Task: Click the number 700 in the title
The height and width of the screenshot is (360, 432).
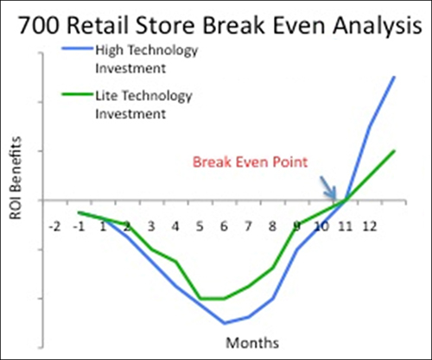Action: tap(40, 25)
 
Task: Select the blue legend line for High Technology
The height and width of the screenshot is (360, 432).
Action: tap(78, 48)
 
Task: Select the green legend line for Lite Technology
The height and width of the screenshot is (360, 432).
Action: tap(78, 94)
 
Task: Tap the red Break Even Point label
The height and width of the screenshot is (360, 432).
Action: tap(250, 161)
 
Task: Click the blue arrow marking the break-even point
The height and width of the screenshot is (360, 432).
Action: tap(328, 187)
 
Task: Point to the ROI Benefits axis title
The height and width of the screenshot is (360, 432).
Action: tap(16, 178)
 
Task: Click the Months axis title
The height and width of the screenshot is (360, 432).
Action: tap(252, 343)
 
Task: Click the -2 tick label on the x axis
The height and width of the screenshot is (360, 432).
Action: tap(54, 227)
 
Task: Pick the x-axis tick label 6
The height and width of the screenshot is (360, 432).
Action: tap(224, 227)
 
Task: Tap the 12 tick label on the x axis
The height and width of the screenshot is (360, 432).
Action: tap(370, 227)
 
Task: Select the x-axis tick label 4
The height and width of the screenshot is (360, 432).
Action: tap(175, 227)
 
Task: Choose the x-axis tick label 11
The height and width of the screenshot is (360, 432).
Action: tap(345, 227)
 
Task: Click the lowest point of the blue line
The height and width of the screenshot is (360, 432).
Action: tap(225, 323)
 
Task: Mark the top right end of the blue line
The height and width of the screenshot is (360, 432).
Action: tap(394, 77)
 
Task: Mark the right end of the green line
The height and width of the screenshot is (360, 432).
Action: tap(394, 150)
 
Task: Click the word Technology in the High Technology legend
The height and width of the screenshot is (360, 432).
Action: tap(162, 51)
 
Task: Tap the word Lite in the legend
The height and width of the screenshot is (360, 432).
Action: tap(107, 95)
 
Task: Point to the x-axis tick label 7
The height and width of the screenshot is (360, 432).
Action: tap(248, 227)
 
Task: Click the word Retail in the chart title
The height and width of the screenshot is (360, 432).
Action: tap(98, 25)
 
